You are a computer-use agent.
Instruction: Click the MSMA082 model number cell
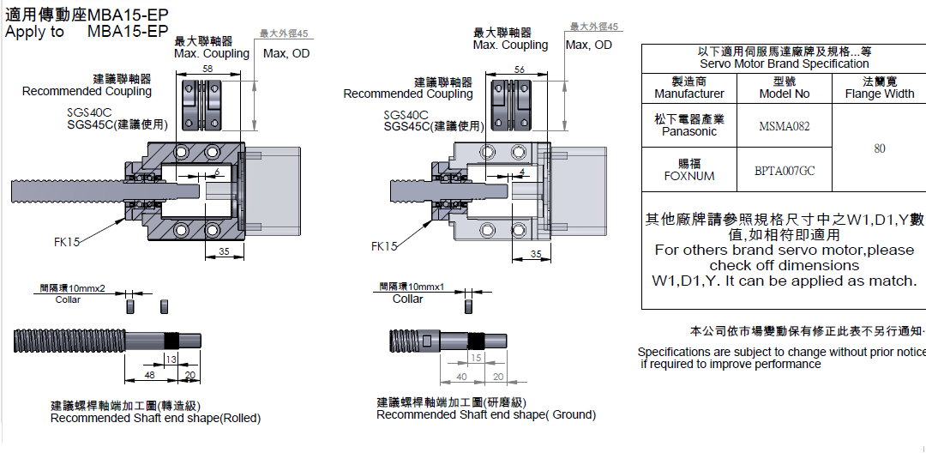pos(784,126)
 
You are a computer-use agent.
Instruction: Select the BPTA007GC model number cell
pos(784,170)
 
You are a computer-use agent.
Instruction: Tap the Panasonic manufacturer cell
pos(688,125)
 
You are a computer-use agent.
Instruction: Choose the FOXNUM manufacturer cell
pos(688,170)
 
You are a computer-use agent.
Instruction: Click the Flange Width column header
pos(879,88)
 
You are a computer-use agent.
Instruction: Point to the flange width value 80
pos(879,148)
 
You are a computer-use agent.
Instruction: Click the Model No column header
pos(784,88)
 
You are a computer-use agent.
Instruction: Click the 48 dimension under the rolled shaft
pos(149,375)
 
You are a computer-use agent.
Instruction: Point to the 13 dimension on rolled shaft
pos(171,358)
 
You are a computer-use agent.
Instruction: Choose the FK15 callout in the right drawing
pos(384,246)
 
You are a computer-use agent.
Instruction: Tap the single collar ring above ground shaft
pos(468,305)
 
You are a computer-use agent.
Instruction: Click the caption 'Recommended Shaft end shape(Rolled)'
pos(155,418)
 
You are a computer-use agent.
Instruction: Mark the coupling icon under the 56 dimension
pos(520,106)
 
